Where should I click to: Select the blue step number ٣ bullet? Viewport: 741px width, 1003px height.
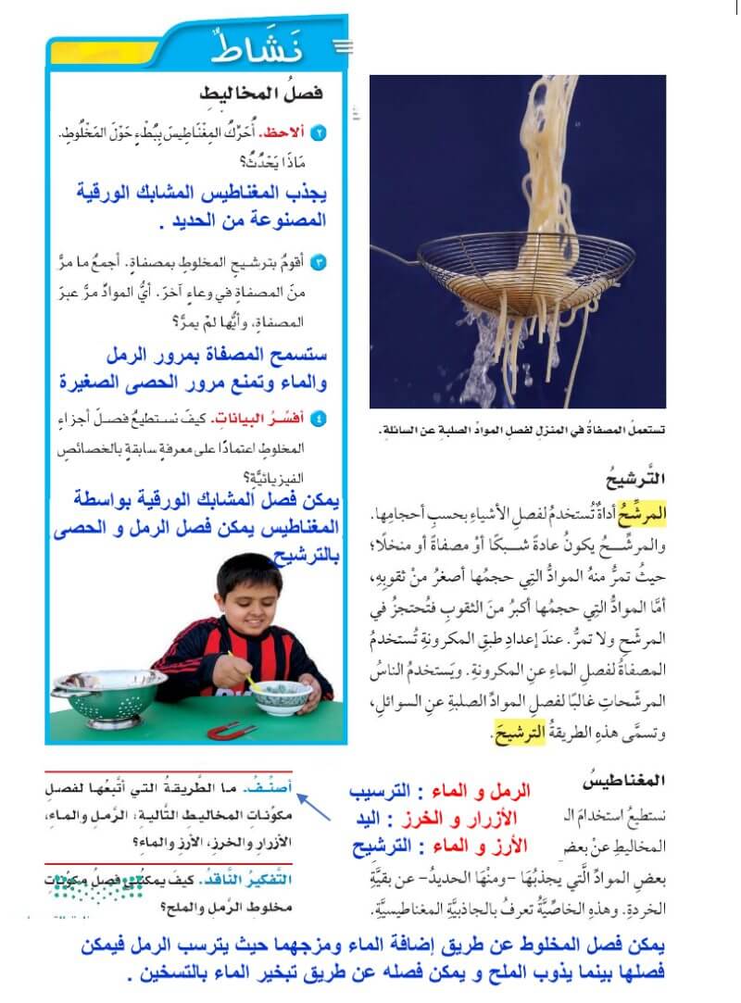point(320,263)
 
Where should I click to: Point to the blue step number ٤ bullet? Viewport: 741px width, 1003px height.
point(320,418)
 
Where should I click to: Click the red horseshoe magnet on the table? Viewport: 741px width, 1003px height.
point(232,731)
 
